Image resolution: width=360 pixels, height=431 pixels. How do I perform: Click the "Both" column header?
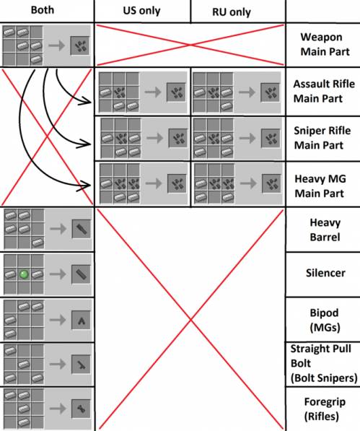point(43,10)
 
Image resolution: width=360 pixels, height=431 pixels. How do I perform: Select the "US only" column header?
point(141,11)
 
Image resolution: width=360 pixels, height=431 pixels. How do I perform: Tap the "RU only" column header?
point(232,12)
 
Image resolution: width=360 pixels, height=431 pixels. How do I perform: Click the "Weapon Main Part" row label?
point(325,44)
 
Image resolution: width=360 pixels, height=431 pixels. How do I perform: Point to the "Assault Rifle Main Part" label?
point(324,91)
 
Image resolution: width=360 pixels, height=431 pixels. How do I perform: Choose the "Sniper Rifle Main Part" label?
point(322,138)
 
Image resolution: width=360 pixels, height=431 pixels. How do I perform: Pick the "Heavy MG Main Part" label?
point(320,186)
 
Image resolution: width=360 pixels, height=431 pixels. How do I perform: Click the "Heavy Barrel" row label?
point(325,230)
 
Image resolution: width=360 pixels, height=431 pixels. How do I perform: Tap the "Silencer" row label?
point(325,273)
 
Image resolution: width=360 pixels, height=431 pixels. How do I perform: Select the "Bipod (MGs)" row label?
point(325,320)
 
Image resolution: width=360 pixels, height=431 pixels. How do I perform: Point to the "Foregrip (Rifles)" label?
point(325,409)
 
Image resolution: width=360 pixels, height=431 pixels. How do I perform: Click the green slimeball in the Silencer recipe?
point(24,274)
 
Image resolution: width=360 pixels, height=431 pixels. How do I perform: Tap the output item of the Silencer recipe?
point(82,274)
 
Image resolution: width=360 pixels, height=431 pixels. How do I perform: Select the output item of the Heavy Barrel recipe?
point(82,229)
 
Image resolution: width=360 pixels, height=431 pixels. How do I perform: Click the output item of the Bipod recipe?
point(81,320)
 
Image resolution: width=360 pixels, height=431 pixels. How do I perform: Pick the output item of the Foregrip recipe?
point(81,409)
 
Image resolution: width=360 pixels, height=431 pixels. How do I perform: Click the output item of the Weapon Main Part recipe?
point(79,45)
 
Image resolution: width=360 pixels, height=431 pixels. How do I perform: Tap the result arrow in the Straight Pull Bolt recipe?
point(58,364)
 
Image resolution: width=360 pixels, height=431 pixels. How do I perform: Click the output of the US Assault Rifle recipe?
point(176,92)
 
